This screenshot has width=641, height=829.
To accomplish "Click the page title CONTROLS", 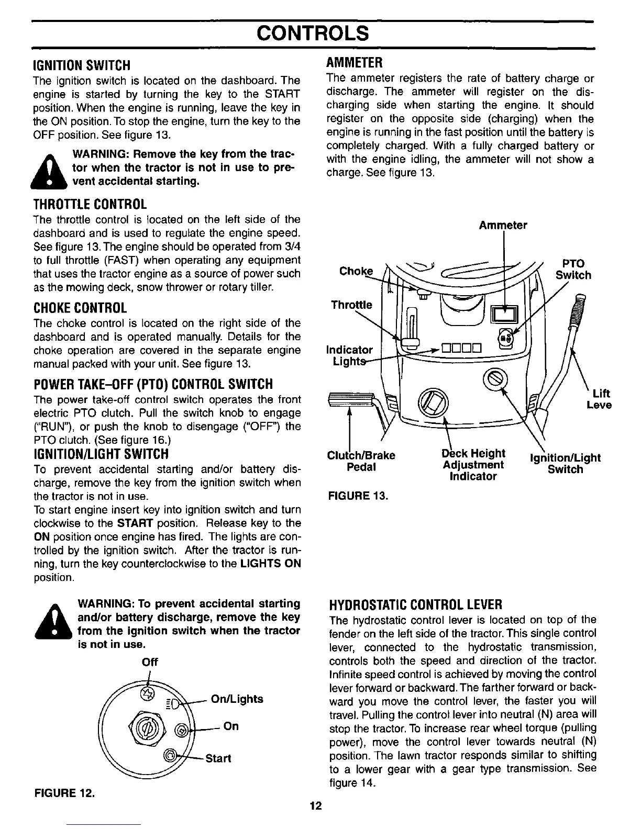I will pyautogui.click(x=313, y=33).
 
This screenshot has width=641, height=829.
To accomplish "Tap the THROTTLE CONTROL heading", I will pyautogui.click(x=90, y=204).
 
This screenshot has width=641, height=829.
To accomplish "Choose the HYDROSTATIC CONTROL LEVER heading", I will pyautogui.click(x=415, y=605).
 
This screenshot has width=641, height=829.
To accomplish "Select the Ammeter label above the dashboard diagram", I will pyautogui.click(x=502, y=226).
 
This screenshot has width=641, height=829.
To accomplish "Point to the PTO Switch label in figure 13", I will pyautogui.click(x=573, y=269).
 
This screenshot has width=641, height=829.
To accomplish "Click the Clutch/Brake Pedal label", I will pyautogui.click(x=361, y=461).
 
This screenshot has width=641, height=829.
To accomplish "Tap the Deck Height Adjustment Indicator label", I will pyautogui.click(x=472, y=465).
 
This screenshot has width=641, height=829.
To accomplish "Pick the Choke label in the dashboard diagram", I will pyautogui.click(x=356, y=271).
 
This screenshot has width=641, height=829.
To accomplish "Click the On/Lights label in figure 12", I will pyautogui.click(x=236, y=699).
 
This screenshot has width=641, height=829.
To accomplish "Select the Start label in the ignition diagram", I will pyautogui.click(x=218, y=758).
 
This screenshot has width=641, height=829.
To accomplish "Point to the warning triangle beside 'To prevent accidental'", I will pyautogui.click(x=51, y=621).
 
